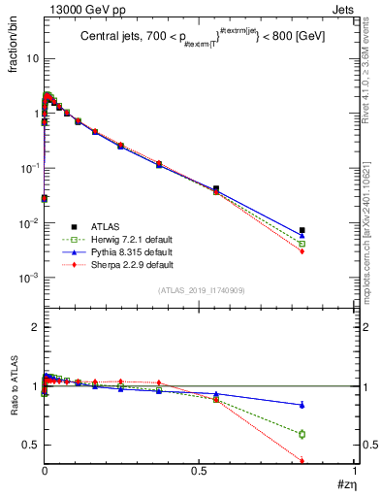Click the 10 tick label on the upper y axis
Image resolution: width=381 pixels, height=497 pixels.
coord(31,58)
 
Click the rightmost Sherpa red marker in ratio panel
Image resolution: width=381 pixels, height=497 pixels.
coord(302,461)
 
